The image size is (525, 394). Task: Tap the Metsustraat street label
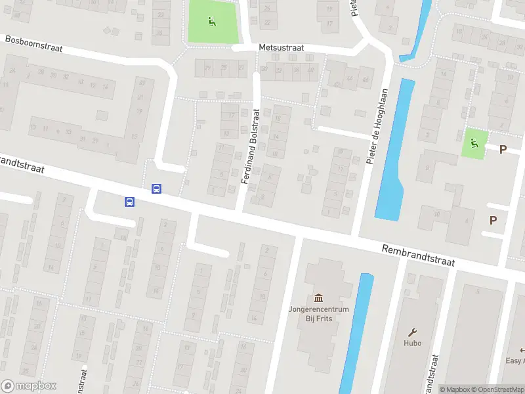click(280, 48)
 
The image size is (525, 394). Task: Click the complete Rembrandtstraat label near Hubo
click(419, 255)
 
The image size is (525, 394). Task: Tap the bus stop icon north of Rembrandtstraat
click(157, 188)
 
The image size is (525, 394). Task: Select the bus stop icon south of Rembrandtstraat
click(129, 202)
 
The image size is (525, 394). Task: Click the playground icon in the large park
click(211, 21)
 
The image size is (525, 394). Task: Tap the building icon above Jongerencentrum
click(319, 297)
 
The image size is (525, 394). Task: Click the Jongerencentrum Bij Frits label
click(318, 313)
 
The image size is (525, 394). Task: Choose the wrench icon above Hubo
click(412, 332)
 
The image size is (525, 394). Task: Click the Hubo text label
click(412, 343)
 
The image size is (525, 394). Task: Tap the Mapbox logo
click(29, 386)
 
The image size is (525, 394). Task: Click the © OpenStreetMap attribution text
click(496, 389)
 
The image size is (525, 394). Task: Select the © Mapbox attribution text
click(454, 389)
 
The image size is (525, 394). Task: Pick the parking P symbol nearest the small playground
click(503, 149)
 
